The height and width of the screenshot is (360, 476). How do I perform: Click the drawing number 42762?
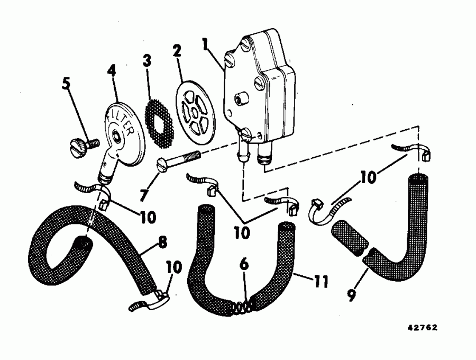click(422, 328)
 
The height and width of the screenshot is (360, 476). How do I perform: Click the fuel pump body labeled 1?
click(259, 90)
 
